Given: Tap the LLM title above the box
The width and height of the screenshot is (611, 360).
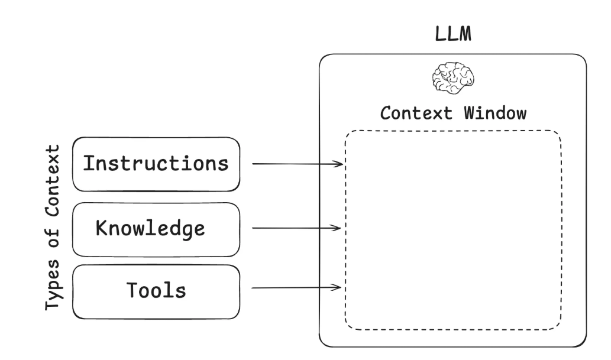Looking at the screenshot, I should pyautogui.click(x=453, y=34).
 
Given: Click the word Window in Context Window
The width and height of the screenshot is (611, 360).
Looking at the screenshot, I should pyautogui.click(x=494, y=113).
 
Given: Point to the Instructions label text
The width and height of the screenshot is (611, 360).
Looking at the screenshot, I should pyautogui.click(x=155, y=163).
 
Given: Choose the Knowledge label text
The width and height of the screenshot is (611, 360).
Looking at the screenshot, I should pyautogui.click(x=150, y=228).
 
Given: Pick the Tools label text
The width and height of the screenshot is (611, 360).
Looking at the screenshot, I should pyautogui.click(x=156, y=290).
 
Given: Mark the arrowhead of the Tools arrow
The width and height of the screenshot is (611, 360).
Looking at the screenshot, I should pyautogui.click(x=340, y=288).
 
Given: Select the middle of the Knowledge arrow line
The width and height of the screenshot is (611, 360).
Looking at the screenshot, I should pyautogui.click(x=296, y=228).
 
